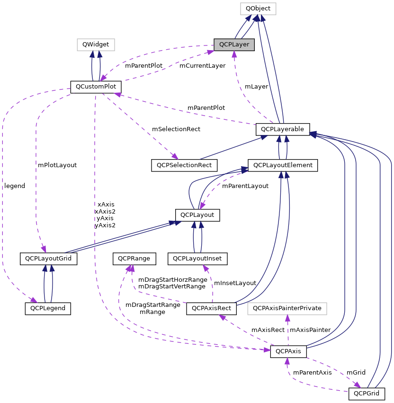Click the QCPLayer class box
(x=234, y=45)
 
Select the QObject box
(x=258, y=9)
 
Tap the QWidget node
(x=96, y=45)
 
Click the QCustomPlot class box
(x=96, y=87)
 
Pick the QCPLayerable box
(x=282, y=129)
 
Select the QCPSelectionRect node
(x=184, y=165)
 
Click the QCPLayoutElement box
(x=283, y=165)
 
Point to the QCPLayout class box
(x=198, y=215)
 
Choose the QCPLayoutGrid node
(x=48, y=259)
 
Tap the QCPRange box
(x=134, y=259)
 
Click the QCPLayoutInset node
(x=197, y=259)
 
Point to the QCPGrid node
(x=367, y=393)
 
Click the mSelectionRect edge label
(x=176, y=129)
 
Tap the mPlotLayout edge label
(x=57, y=165)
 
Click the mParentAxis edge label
(x=312, y=373)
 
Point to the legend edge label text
(x=14, y=186)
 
